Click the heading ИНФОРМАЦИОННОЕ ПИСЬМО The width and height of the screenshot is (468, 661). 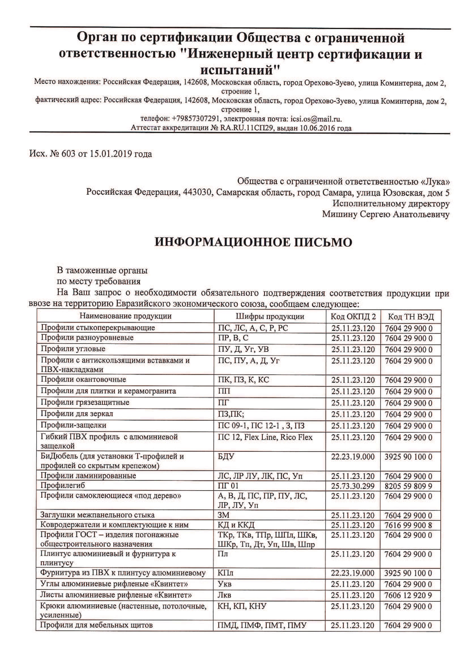253,242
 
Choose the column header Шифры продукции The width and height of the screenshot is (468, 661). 270,316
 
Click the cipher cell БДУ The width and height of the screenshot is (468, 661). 226,457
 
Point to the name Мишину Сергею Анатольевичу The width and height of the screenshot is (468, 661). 386,214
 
